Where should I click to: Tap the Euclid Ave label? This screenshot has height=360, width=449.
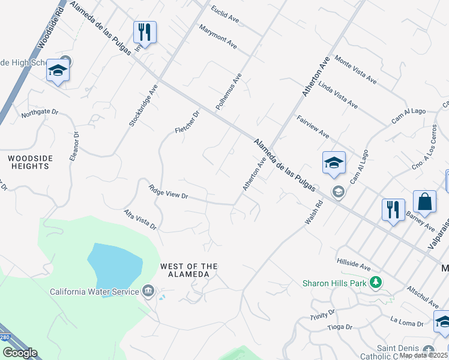[225, 15]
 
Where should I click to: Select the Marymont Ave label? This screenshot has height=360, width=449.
[218, 37]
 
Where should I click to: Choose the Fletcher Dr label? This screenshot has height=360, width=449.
[187, 122]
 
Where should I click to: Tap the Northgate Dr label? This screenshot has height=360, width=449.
[40, 112]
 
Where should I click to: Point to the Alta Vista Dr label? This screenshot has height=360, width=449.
[140, 220]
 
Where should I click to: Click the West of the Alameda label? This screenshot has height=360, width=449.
[188, 270]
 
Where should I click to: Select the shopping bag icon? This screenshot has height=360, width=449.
[424, 202]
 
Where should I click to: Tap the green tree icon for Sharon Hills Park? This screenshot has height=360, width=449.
[376, 282]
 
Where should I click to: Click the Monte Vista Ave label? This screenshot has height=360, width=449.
[356, 70]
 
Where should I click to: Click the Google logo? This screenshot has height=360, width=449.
[19, 353]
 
